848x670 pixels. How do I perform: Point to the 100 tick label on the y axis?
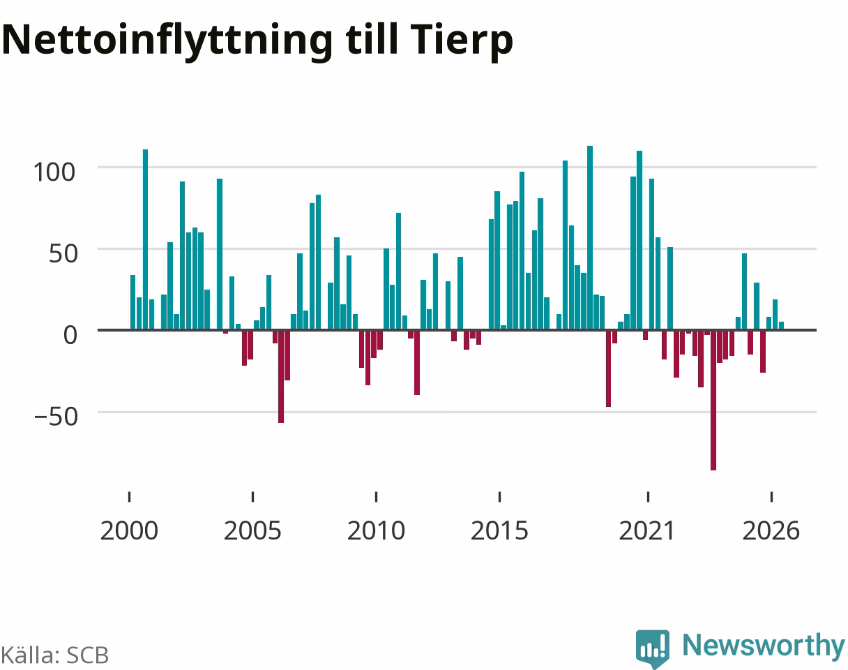(x=54, y=172)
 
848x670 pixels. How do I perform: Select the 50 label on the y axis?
(x=63, y=254)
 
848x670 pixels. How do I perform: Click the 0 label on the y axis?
(x=70, y=335)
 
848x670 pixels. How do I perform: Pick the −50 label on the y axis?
(x=56, y=417)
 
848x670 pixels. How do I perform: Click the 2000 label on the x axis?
(x=129, y=531)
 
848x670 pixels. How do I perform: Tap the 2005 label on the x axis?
(x=252, y=531)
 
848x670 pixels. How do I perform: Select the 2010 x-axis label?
(x=377, y=531)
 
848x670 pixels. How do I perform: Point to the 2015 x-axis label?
(x=499, y=531)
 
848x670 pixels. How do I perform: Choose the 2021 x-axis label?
(x=647, y=531)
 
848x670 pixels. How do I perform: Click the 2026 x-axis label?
(x=771, y=531)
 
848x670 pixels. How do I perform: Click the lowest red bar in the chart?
(x=713, y=401)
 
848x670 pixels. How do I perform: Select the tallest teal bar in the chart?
(x=590, y=238)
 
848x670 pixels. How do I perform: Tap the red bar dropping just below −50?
(x=281, y=377)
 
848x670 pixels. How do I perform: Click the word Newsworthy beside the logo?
(x=764, y=646)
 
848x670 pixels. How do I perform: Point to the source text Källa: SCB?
(x=55, y=655)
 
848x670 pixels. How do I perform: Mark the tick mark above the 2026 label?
(x=771, y=497)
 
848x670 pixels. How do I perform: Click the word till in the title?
(x=371, y=40)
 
